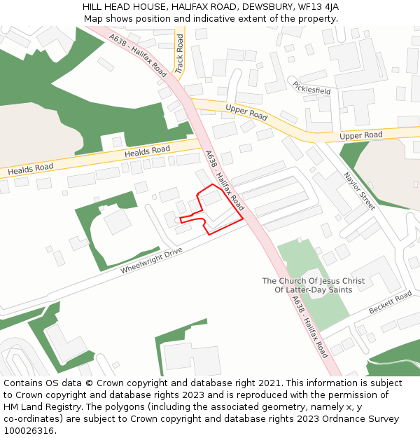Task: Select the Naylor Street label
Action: pos(359,191)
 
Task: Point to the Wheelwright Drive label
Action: pos(151,260)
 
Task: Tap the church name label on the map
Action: pos(313,285)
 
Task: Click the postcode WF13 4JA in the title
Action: pos(318,7)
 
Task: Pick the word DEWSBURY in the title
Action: pos(266,7)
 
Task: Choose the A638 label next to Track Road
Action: pos(139,55)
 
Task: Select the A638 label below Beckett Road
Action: pos(309,327)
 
